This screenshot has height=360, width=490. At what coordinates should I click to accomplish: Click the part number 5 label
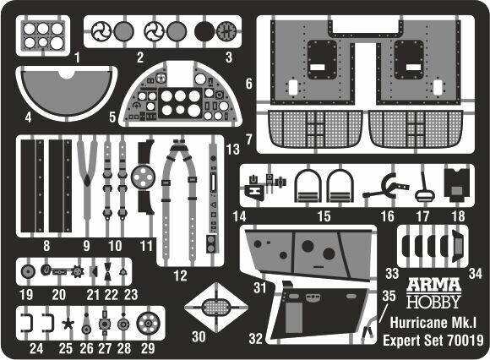112,117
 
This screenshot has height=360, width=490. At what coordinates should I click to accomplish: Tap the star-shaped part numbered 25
68,324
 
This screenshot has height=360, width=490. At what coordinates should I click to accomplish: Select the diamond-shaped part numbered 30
216,308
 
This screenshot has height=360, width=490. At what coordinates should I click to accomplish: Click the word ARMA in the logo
433,285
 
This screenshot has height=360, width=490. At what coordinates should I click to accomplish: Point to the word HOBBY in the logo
433,301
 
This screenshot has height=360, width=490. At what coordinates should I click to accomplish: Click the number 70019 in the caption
465,341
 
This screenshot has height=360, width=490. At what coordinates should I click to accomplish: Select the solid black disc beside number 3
204,31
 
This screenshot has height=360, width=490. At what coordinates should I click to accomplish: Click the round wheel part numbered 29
148,324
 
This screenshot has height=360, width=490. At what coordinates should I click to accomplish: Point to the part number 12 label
180,275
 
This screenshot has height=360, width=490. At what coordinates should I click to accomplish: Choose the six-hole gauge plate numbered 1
43,35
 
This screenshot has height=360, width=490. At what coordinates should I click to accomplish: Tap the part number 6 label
248,84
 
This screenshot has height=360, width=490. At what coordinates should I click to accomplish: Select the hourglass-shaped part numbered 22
107,271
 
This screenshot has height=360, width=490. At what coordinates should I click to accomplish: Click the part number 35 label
389,296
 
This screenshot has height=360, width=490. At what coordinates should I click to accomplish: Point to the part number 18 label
458,216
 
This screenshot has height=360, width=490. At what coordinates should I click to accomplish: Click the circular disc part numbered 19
28,271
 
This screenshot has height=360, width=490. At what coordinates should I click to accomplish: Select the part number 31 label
259,288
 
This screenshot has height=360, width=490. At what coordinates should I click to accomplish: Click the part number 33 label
392,274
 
